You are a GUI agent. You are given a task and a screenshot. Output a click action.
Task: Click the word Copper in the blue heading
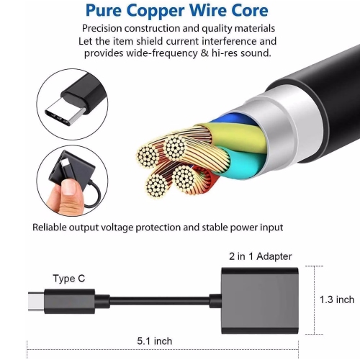click(156, 12)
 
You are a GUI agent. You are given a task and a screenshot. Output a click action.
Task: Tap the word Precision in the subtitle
click(102, 28)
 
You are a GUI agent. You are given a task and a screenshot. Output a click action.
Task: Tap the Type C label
click(69, 279)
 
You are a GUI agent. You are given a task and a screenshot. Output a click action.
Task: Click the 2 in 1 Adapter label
click(261, 256)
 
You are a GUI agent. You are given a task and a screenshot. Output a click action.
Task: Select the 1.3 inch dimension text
click(337, 300)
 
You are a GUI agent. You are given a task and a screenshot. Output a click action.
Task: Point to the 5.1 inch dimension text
click(155, 341)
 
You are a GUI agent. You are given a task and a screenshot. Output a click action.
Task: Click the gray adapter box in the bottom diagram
click(260, 300)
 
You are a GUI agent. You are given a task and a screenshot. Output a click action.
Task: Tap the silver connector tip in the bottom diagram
click(36, 302)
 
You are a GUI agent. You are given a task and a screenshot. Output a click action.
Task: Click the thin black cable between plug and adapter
click(160, 301)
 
